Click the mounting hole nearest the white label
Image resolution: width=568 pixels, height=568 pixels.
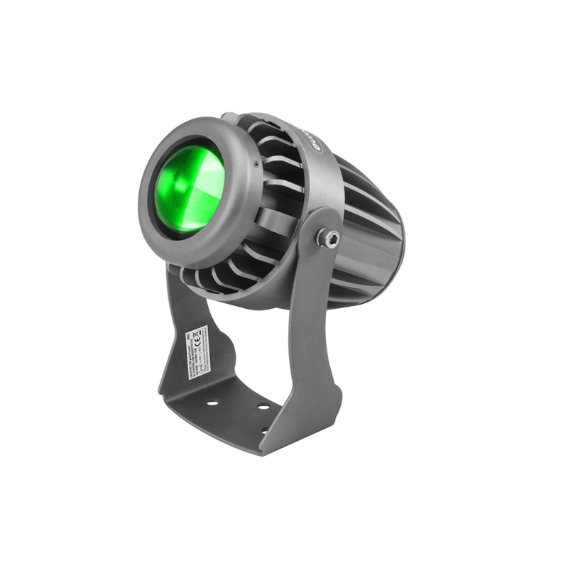coord(212,403)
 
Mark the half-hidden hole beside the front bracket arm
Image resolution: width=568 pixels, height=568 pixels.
coord(265,430)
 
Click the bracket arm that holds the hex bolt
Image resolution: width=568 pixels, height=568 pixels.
coord(312,319)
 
